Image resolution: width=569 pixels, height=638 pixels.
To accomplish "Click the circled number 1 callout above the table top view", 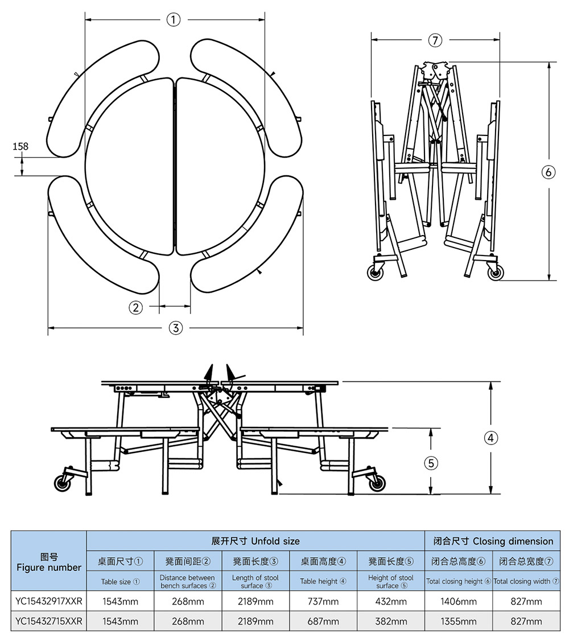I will [x=174, y=20].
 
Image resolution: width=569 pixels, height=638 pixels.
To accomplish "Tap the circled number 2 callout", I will [x=135, y=307].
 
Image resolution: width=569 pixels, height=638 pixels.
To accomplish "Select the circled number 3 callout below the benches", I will [x=176, y=328].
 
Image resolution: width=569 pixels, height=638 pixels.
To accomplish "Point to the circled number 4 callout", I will [x=490, y=438].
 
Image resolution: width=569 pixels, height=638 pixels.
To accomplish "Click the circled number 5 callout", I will [x=431, y=463].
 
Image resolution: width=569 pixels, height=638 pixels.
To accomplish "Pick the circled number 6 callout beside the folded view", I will [x=548, y=172].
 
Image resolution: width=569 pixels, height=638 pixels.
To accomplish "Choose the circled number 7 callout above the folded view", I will [x=435, y=40].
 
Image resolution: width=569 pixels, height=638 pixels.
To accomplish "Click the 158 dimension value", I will [x=20, y=147].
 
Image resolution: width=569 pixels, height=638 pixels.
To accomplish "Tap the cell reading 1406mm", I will [x=459, y=602].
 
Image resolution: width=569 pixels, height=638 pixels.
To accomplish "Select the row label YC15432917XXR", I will [x=49, y=602].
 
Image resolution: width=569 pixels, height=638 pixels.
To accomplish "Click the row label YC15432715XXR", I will [x=49, y=621].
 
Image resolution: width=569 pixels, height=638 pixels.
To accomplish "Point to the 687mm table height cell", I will [x=323, y=621].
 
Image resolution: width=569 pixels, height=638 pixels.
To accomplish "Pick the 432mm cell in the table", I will [x=391, y=602].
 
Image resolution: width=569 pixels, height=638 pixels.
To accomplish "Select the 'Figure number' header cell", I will [x=49, y=562].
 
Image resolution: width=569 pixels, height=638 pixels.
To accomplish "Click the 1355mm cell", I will [x=459, y=621].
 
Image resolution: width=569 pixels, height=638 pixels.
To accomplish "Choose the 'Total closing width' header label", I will [x=526, y=582].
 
